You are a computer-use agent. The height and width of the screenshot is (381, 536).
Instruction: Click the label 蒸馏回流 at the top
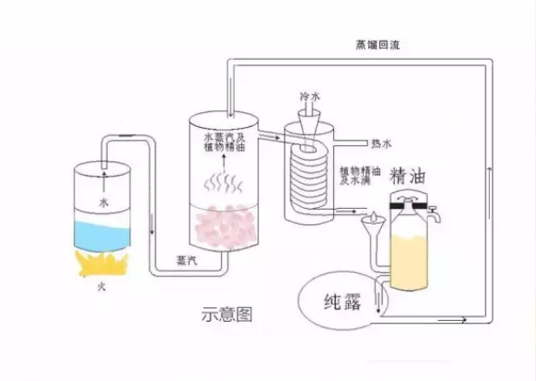pos(376,45)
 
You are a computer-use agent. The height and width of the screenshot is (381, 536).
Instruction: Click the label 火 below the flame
pos(101,284)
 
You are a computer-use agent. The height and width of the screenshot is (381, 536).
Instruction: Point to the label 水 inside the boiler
pos(104,202)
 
